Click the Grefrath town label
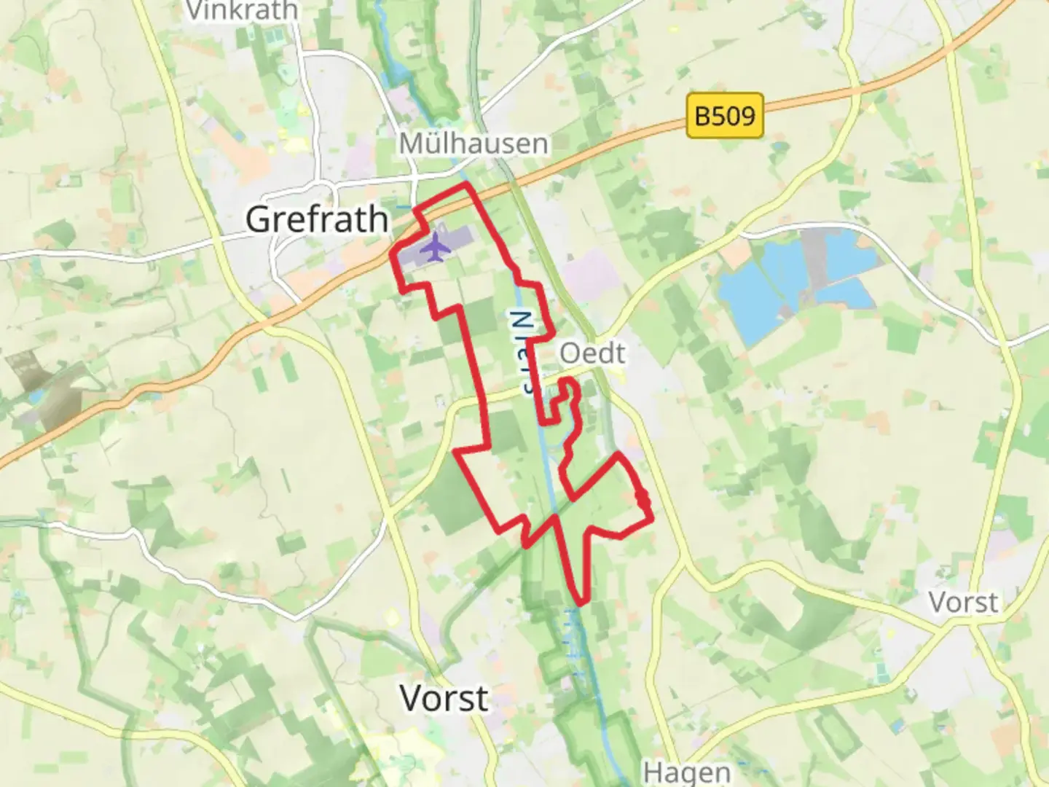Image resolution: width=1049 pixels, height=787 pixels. click(317, 219)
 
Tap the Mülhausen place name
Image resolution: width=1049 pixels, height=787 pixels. click(474, 144)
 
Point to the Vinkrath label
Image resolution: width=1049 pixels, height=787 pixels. click(243, 10)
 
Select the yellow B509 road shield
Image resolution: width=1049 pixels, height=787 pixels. click(725, 115)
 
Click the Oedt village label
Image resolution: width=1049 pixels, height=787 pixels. click(592, 353)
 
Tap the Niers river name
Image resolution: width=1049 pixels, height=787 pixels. click(523, 353)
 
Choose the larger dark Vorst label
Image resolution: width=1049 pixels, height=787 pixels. click(444, 698)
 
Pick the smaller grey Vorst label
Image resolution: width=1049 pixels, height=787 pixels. click(963, 603)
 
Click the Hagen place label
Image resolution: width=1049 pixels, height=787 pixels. click(686, 772)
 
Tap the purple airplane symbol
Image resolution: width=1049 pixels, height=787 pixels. click(436, 246)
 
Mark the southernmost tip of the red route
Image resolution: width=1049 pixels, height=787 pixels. click(580, 603)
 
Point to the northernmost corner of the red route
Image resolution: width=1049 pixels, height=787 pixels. click(466, 186)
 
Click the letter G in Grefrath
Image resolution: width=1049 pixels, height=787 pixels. click(260, 219)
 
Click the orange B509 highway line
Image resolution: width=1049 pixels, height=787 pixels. click(801, 102)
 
